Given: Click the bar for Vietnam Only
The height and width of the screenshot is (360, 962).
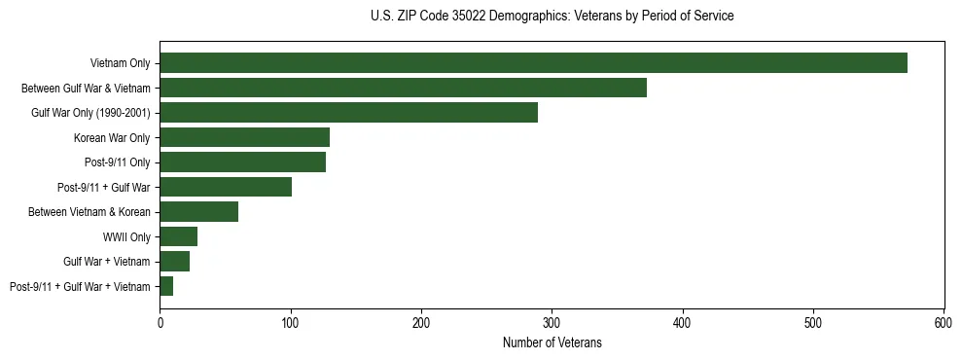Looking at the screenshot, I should (533, 63).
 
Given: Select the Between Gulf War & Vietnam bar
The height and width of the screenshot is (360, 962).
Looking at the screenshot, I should (403, 89).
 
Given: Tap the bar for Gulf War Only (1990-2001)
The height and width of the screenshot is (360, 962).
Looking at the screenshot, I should (348, 113).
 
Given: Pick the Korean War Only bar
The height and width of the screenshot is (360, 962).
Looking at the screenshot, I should (244, 138).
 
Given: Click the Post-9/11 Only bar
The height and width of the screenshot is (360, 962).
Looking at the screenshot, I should (242, 162).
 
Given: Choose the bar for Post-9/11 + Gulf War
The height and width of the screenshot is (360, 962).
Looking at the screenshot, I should (226, 187).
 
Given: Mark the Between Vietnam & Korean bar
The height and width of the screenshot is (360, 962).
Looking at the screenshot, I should (198, 212).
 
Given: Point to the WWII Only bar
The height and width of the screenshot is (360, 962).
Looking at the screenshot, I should (179, 236).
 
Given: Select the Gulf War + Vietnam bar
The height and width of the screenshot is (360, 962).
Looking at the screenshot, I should (175, 262).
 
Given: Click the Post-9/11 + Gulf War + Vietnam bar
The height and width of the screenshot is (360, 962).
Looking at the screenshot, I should (166, 286).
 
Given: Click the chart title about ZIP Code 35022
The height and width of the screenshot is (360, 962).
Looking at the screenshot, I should (552, 17).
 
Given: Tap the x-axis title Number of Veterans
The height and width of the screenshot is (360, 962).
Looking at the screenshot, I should (552, 342).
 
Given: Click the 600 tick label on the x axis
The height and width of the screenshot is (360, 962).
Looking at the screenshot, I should (944, 321).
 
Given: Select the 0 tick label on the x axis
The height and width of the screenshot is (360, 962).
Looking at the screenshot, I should (160, 321).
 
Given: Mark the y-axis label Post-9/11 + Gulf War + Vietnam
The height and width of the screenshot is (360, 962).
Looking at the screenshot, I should (80, 286).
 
